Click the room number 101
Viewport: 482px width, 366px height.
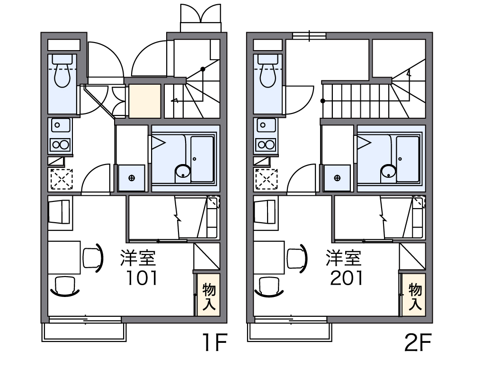pyautogui.click(x=143, y=278)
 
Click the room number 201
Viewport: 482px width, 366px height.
pyautogui.click(x=347, y=278)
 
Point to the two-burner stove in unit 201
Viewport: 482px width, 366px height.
pyautogui.click(x=266, y=144)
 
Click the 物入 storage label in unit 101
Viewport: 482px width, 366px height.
pyautogui.click(x=209, y=296)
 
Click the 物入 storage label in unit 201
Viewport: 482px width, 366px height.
pyautogui.click(x=415, y=296)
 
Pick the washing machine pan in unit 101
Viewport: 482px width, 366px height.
pyautogui.click(x=132, y=178)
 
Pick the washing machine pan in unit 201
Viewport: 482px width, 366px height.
pyautogui.click(x=337, y=178)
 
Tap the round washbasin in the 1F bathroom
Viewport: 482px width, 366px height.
pyautogui.click(x=182, y=171)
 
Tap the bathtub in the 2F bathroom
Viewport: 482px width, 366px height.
pyautogui.click(x=408, y=159)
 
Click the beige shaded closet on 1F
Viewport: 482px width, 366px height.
pyautogui.click(x=144, y=101)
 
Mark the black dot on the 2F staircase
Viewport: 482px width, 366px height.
pyautogui.click(x=323, y=101)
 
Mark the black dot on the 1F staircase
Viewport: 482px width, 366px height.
pyautogui.click(x=203, y=69)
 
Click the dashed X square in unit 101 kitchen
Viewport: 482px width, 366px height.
pyautogui.click(x=62, y=179)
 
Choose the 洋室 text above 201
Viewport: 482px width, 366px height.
pyautogui.click(x=344, y=258)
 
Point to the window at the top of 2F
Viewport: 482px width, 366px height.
pyautogui.click(x=309, y=35)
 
